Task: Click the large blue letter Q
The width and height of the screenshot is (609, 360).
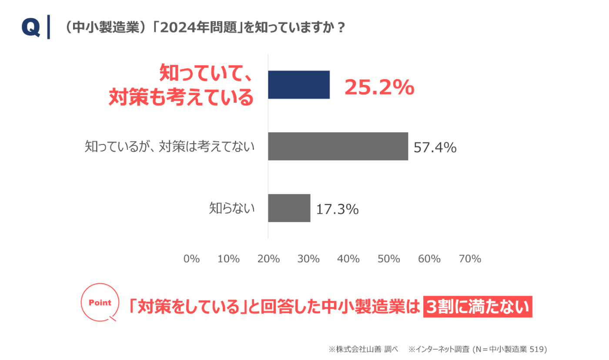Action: point(31,27)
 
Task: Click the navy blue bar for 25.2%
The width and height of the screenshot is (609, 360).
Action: point(299,84)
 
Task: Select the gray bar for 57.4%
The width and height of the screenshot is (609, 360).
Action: point(338,146)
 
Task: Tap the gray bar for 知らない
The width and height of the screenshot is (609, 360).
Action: point(289,208)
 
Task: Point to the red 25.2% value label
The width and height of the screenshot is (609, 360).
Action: point(379,87)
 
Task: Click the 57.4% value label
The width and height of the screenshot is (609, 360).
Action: point(435,148)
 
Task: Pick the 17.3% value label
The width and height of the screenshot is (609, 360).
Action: point(338,209)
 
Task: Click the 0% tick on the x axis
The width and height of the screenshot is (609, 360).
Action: point(191,259)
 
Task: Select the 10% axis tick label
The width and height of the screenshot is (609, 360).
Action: point(228,259)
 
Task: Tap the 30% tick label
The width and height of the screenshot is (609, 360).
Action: point(308,259)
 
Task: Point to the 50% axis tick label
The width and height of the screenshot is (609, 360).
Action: point(389,259)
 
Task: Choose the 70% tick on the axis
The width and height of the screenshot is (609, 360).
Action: point(470,259)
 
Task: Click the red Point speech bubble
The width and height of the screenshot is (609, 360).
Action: point(100,302)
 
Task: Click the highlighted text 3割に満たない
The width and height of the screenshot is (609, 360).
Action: point(478,306)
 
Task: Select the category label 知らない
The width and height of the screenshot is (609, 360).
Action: point(231,208)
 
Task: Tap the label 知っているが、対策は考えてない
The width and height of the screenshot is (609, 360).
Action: point(169,146)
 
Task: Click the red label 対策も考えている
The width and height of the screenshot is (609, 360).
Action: point(181,97)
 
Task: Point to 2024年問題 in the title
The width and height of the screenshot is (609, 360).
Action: point(198,27)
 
